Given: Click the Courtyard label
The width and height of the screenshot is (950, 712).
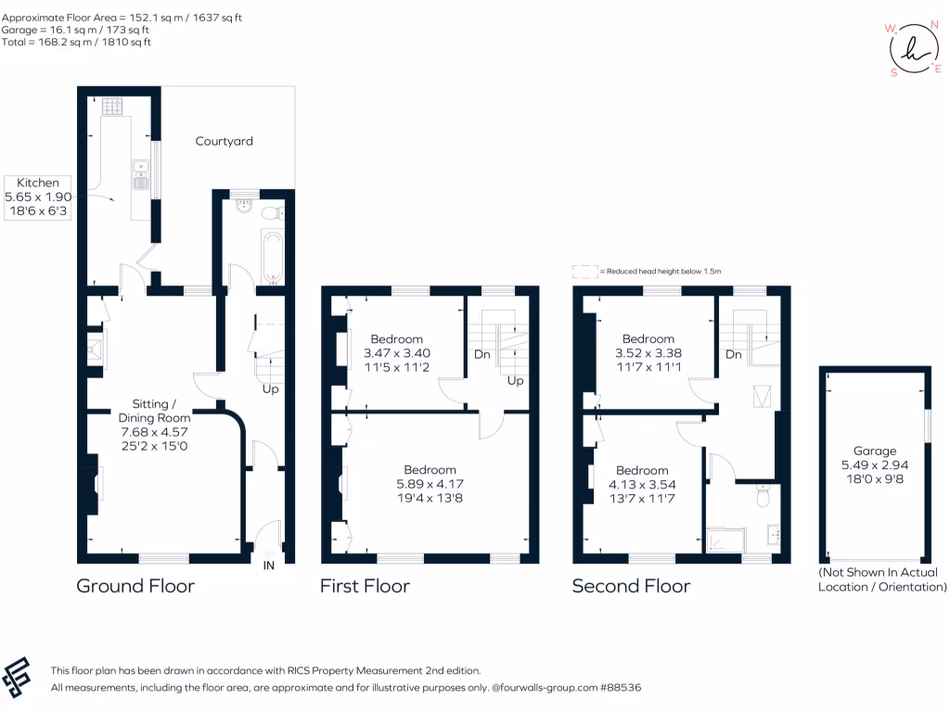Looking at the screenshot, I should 224,142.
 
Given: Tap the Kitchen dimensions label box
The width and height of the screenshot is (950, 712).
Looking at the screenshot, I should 38,197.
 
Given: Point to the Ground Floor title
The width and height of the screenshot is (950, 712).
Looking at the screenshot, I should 135,586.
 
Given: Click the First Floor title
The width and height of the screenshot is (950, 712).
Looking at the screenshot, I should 365,586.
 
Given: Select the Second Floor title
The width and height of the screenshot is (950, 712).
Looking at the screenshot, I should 631,586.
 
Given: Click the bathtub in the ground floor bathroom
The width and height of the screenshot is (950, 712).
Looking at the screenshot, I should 272,258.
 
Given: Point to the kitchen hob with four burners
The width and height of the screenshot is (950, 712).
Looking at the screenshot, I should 113,108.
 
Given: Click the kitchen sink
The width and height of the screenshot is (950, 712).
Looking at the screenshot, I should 141,174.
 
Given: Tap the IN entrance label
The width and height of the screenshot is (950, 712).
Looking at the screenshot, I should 269,566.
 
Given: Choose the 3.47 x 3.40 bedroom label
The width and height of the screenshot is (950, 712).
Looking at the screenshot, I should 397,353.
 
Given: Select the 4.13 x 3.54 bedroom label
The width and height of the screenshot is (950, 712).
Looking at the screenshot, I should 642,484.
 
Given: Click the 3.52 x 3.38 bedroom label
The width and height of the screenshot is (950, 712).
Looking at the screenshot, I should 648,353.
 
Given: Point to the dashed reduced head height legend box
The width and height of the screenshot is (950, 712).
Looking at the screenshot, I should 585,271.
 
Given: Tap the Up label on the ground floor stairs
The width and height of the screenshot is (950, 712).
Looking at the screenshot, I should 270,389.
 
